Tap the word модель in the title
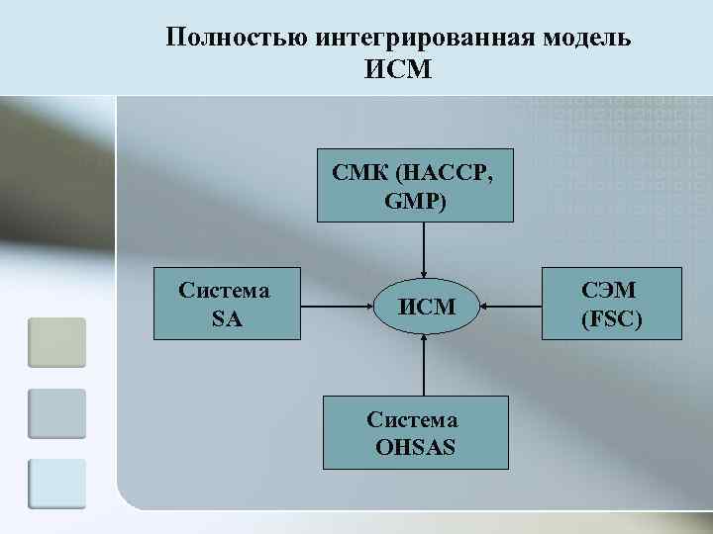(x=584, y=38)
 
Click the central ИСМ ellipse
(x=426, y=307)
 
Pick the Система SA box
(x=226, y=304)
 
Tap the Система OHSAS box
(x=415, y=432)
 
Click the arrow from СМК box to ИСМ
(x=424, y=250)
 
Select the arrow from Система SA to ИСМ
(x=337, y=307)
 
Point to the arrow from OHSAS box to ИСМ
(x=424, y=366)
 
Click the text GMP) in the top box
(x=415, y=202)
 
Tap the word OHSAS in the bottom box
(x=416, y=447)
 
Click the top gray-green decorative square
(x=56, y=342)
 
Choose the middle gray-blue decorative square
(x=56, y=413)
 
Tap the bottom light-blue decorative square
(x=56, y=484)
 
